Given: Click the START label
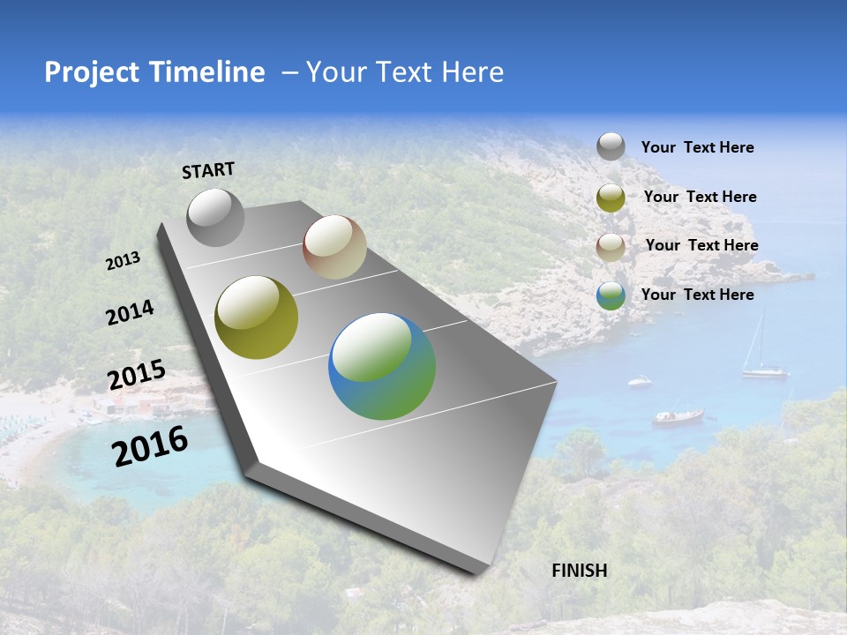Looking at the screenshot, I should click(208, 170).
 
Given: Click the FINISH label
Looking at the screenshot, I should click(579, 571).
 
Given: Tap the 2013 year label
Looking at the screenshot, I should click(124, 261).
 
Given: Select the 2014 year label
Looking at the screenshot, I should click(130, 312).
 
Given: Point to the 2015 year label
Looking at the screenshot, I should click(137, 375).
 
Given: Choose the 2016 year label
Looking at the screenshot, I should click(150, 445).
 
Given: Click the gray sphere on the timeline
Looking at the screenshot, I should click(215, 217).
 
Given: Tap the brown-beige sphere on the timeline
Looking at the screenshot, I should click(334, 247).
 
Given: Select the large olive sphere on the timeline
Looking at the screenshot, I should click(257, 317).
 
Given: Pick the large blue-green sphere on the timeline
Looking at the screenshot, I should click(382, 366).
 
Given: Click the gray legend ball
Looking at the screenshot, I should click(611, 147).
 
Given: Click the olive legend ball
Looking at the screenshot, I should click(611, 198).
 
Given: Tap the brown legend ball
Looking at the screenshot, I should click(611, 247).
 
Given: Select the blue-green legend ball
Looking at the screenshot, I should click(611, 295).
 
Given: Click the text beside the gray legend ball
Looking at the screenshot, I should click(697, 147).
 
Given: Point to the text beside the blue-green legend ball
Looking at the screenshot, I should click(697, 295).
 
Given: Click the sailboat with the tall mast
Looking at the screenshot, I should click(763, 357).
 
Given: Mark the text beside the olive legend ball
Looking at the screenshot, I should click(700, 197).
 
